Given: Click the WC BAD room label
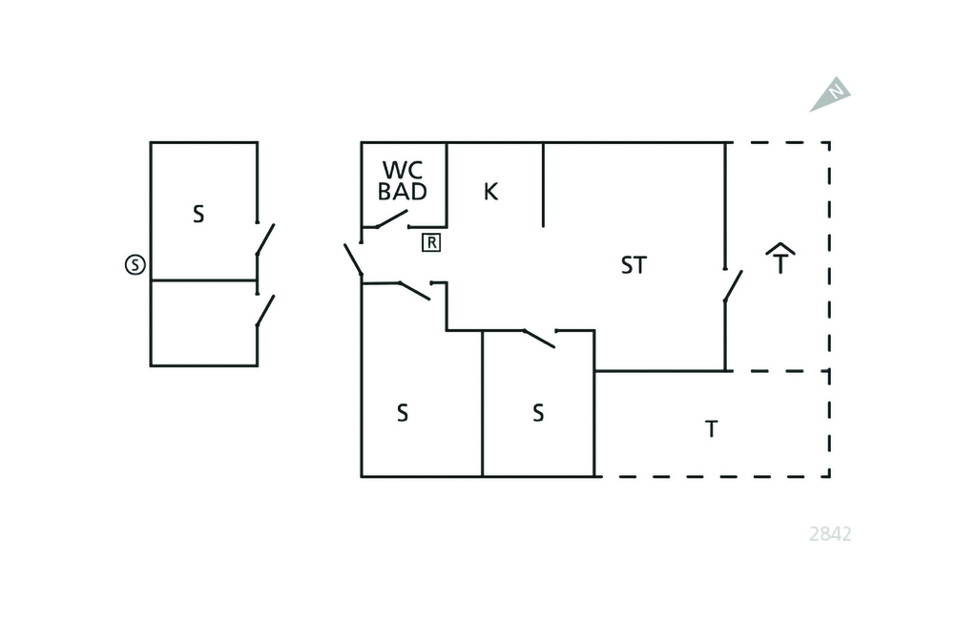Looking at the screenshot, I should click(403, 180).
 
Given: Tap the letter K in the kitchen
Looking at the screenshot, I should click(490, 191).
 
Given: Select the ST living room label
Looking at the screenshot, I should click(634, 265).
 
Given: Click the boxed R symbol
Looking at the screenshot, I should click(431, 242).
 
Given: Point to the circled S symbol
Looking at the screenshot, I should click(135, 265).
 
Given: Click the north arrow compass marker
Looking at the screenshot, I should click(832, 94).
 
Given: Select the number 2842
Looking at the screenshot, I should click(829, 534).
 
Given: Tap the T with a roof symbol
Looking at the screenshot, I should click(780, 259).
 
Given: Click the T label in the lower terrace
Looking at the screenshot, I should click(711, 429).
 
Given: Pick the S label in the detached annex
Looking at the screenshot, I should click(198, 214).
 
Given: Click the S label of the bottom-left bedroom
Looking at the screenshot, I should click(403, 413).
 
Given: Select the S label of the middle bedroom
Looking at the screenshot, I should click(538, 413).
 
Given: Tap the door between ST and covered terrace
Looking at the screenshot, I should click(733, 285).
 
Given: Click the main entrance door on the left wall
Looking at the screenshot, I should click(353, 259).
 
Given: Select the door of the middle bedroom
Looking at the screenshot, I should click(540, 338).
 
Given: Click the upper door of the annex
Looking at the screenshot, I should click(264, 238).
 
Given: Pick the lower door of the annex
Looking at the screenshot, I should click(264, 311).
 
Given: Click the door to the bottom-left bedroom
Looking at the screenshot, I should click(414, 290).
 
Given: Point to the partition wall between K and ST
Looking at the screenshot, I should click(543, 184).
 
